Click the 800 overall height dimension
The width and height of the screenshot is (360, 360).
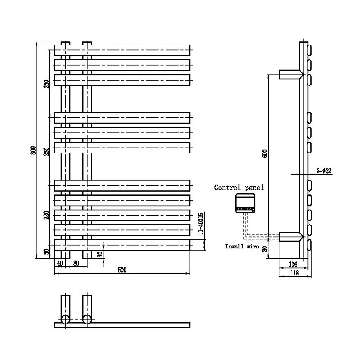(x=33, y=150)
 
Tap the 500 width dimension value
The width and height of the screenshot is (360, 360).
(x=122, y=270)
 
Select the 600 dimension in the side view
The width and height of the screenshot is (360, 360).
(x=265, y=153)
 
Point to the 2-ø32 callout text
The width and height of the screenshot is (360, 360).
(x=324, y=171)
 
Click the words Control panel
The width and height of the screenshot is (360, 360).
(x=239, y=188)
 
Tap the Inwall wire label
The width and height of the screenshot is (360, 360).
(x=242, y=247)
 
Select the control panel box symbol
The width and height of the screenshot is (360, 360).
(x=245, y=203)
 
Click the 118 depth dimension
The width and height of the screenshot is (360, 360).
(x=295, y=273)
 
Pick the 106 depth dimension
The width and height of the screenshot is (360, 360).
(x=293, y=264)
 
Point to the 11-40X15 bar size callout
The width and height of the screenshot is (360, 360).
(x=201, y=223)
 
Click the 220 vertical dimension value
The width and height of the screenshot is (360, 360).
(x=47, y=215)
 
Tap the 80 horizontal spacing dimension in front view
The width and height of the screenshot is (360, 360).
(x=76, y=263)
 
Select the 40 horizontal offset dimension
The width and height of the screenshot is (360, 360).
(x=60, y=263)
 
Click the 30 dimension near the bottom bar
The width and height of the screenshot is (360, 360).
(x=100, y=254)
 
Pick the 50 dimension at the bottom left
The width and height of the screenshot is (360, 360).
(x=47, y=252)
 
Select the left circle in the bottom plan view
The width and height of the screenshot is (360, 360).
(x=65, y=319)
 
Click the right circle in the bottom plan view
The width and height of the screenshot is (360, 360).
(x=87, y=319)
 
